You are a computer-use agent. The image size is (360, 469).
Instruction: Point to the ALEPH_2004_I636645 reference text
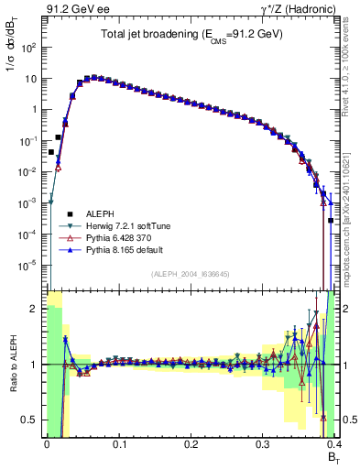[190, 273]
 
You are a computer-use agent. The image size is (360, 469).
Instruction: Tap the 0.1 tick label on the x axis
[118, 443]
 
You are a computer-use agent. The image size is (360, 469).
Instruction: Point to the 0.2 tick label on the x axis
[191, 443]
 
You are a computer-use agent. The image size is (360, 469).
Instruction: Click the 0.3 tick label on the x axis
[263, 443]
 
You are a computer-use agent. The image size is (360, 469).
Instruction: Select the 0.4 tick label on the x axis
[333, 443]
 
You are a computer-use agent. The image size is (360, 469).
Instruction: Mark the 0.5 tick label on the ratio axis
[29, 420]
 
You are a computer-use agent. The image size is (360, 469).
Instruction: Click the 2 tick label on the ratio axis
[34, 310]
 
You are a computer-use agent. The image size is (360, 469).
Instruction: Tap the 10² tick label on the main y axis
[28, 46]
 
